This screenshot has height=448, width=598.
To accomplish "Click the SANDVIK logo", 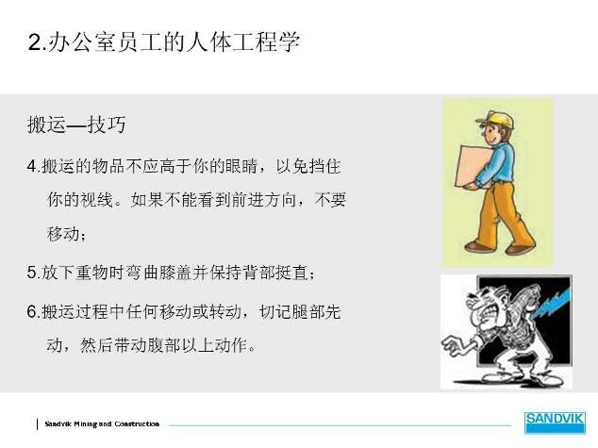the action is point(555,423).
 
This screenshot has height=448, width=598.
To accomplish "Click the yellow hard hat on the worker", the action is point(496,119).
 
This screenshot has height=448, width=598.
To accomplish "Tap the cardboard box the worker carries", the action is point(473,167).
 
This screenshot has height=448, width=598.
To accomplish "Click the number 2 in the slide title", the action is point(34,41).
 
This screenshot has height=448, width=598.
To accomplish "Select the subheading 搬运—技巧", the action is point(76,124).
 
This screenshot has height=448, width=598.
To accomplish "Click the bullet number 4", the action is point(32,167).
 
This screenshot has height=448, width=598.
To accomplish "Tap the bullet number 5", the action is point(32,273).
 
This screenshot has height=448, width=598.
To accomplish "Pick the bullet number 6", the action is point(32,312).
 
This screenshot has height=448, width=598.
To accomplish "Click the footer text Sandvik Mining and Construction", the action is point(102,423).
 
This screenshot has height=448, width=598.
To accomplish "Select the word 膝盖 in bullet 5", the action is point(175,273).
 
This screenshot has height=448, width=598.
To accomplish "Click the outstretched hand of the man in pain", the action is point(453,345).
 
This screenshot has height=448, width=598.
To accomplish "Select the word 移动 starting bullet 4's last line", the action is point(64,234).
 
